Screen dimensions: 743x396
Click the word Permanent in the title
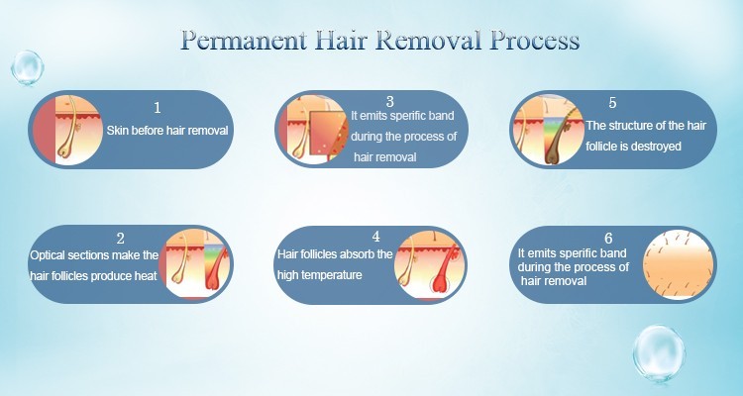tap(243, 41)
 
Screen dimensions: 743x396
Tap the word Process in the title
tap(535, 41)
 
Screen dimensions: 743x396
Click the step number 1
tap(158, 108)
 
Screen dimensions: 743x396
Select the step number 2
tap(120, 239)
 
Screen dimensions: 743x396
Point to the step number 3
tap(390, 101)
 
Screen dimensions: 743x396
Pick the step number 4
tap(375, 237)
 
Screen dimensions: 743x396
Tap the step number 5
tap(612, 103)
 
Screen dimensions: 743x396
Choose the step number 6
tap(608, 238)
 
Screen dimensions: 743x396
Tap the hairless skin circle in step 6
tap(678, 264)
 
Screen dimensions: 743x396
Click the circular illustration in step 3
tap(313, 130)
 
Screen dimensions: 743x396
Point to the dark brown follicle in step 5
tap(563, 138)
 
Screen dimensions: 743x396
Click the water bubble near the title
tap(27, 67)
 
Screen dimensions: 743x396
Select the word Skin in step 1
tap(117, 131)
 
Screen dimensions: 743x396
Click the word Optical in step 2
tap(48, 255)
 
